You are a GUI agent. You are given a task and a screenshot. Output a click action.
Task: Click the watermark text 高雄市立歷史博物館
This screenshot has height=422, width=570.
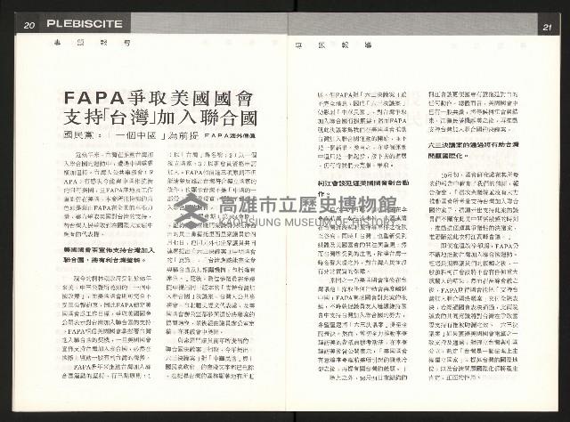[308, 207]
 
